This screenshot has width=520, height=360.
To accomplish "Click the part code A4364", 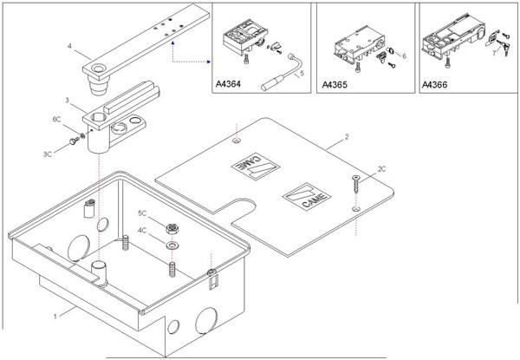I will (229, 85).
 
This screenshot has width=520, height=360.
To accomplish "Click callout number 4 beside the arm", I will (68, 43).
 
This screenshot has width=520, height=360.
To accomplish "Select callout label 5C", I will (143, 213).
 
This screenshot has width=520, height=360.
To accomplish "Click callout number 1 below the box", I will (56, 308).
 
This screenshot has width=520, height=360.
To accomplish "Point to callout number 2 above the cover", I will (346, 137).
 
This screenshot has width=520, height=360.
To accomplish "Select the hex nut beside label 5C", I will (172, 229).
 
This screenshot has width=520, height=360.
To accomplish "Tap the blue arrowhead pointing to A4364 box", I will (211, 61).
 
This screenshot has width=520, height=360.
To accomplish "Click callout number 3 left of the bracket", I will (68, 101).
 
